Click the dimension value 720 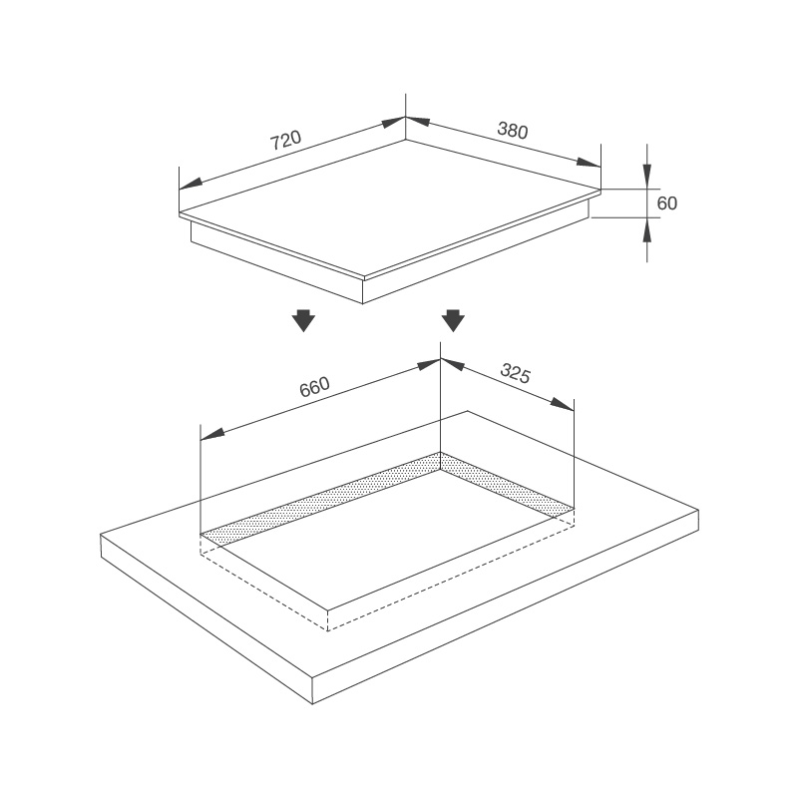(x=284, y=141)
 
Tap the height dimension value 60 (x=667, y=203)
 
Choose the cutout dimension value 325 (x=515, y=374)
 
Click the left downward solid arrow (x=304, y=321)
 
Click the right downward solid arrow (x=453, y=321)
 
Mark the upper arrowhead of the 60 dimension (x=646, y=178)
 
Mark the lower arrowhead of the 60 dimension (x=646, y=228)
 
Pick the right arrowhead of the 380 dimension (x=591, y=163)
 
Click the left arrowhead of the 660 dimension (x=211, y=436)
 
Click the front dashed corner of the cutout (x=328, y=630)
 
